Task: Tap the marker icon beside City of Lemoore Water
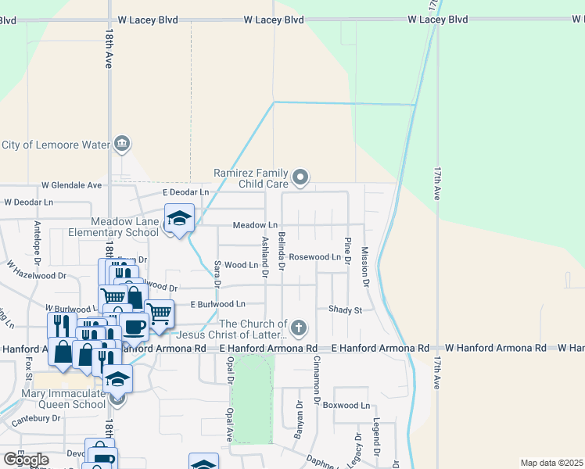(x=122, y=144)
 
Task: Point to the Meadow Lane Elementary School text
(x=113, y=227)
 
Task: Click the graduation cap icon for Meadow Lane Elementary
(x=179, y=218)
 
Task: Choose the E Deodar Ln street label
(x=185, y=192)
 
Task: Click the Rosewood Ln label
(x=315, y=256)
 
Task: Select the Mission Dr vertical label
(x=364, y=265)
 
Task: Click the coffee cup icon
(x=134, y=325)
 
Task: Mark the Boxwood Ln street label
(x=346, y=406)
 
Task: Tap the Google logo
(x=27, y=460)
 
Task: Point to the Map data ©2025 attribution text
(x=551, y=463)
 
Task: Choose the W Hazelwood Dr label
(x=38, y=275)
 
